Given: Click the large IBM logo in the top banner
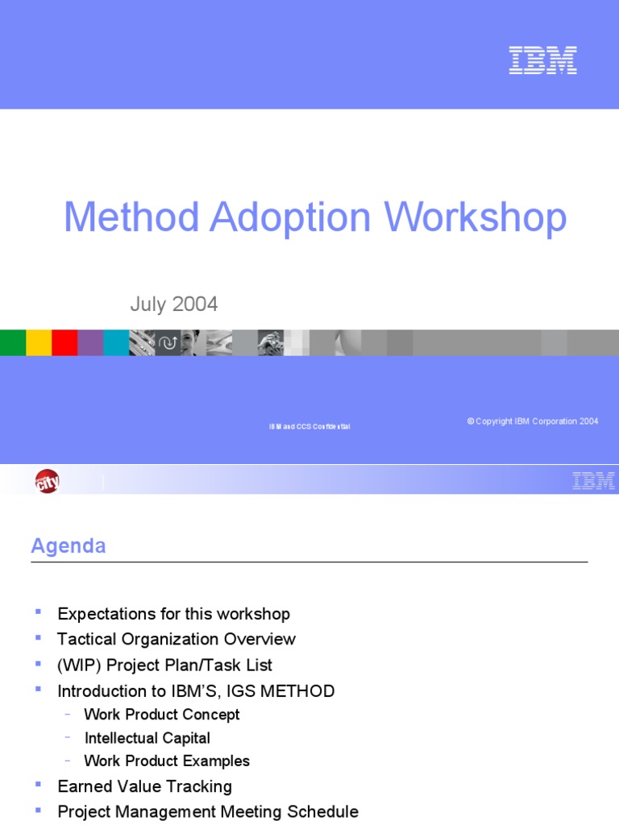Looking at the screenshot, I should point(542,60).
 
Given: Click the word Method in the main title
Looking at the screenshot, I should point(131,218).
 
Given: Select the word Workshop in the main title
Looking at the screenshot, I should point(475,218).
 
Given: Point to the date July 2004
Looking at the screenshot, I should point(174,305).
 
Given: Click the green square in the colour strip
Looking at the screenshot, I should point(13,342).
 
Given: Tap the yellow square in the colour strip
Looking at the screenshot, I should point(39,342).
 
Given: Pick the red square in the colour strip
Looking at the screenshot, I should point(64,342).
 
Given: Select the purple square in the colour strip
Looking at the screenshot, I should point(90,342).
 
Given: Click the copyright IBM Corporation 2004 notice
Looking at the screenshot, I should point(533,421).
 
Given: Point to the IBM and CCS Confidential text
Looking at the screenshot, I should point(309,426).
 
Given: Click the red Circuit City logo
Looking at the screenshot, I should point(47,482).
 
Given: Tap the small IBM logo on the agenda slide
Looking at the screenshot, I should point(593,481).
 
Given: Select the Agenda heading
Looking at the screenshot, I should point(69,546).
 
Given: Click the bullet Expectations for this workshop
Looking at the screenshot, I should point(173,614).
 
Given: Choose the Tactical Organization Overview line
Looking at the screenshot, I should point(177,639).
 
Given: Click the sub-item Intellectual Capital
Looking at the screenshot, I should point(147,738).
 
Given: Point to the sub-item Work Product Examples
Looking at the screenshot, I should point(167,761).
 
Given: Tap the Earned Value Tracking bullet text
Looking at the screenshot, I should point(144,786).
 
